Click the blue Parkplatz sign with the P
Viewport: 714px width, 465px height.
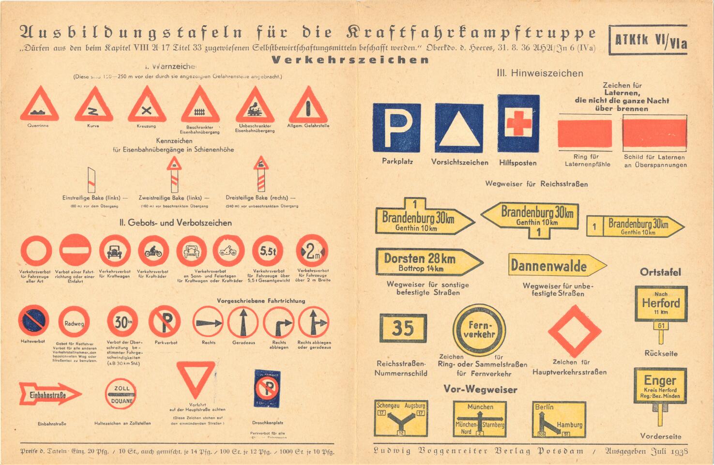[x=396, y=127]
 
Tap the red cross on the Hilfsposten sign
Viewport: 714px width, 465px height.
[x=518, y=123]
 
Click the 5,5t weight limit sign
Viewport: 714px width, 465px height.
[x=268, y=251]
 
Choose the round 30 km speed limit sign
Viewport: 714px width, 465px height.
[x=122, y=321]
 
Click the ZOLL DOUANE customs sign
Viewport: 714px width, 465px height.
[x=121, y=394]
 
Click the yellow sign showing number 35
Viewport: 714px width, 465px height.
[x=403, y=328]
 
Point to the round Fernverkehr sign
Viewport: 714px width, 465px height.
[x=479, y=330]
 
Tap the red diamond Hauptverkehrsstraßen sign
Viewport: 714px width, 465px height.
[x=575, y=331]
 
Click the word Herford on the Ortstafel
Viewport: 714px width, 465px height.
[x=661, y=303]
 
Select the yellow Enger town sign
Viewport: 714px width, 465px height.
[x=660, y=386]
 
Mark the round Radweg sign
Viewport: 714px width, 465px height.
[x=74, y=323]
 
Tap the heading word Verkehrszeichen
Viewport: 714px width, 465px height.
[x=350, y=60]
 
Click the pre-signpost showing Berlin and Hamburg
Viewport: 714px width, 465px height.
[x=559, y=419]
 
